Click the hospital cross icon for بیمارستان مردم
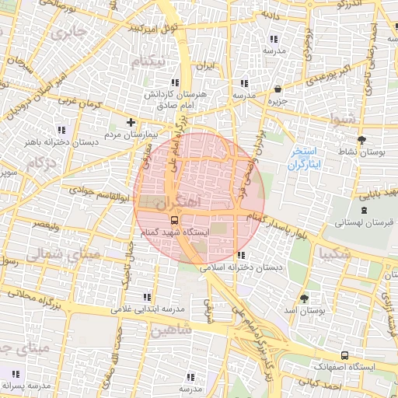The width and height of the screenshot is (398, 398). coord(131,122)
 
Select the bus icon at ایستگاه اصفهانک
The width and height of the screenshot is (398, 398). coord(344,354)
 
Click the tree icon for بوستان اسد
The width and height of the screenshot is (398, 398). coord(304,298)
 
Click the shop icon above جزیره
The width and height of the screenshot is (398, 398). coord(278,89)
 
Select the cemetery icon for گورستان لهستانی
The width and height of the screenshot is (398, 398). coord(364,210)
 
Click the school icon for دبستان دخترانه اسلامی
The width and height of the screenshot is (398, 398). coord(241,254)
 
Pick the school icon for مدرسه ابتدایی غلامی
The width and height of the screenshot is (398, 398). coord(146,296)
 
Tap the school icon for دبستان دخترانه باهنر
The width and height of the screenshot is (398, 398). coord(62,129)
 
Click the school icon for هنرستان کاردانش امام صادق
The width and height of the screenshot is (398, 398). coord(175,82)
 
